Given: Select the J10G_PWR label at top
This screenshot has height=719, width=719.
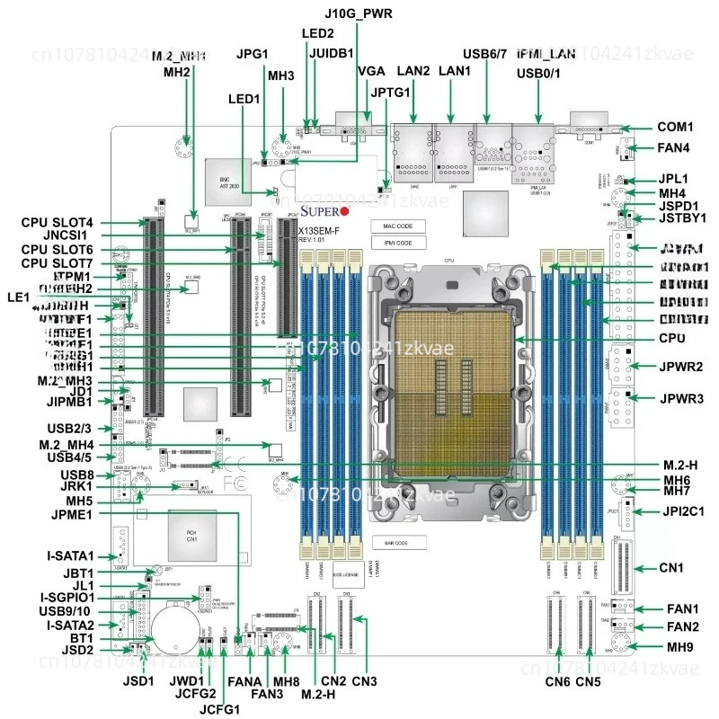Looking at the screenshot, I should [359, 13].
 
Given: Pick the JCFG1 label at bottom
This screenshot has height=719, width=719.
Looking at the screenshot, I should [220, 709].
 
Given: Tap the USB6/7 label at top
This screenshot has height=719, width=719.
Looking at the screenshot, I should [486, 53].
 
